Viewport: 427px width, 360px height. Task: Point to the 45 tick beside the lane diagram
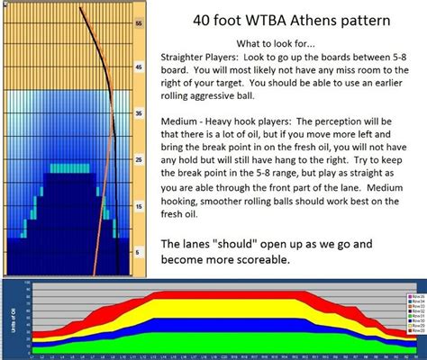pyautogui.click(x=138, y=67)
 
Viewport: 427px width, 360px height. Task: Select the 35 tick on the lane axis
pyautogui.click(x=138, y=113)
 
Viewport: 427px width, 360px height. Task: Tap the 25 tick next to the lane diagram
pyautogui.click(x=138, y=159)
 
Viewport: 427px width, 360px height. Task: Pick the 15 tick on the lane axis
pyautogui.click(x=138, y=206)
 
